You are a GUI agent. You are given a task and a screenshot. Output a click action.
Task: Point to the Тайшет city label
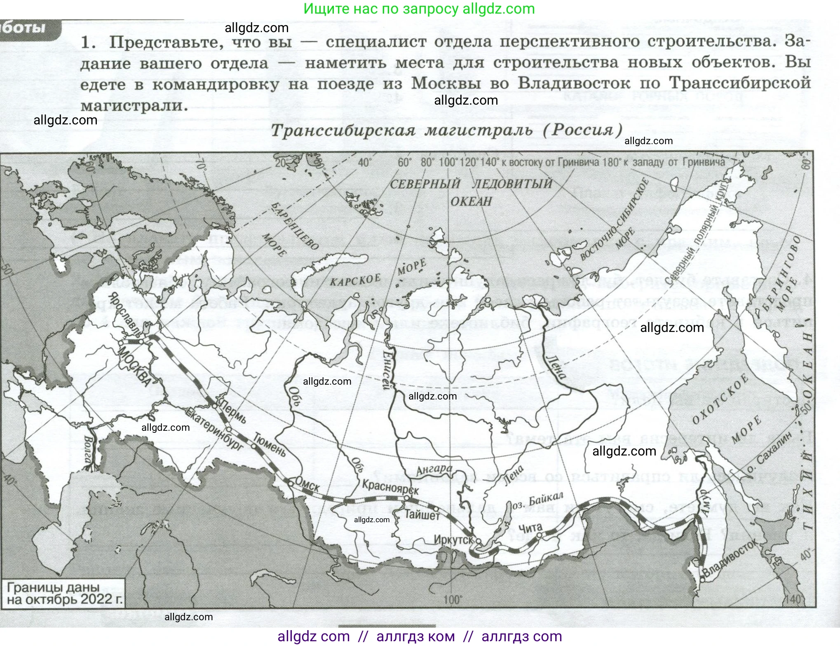(x=422, y=514)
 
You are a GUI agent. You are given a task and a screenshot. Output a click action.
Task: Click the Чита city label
(x=530, y=528)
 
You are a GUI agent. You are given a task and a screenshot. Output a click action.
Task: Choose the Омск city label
(x=307, y=485)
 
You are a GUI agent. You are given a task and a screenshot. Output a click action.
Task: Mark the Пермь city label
(x=233, y=411)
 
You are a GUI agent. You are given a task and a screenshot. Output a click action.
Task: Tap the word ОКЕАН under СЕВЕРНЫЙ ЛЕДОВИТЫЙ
(x=471, y=201)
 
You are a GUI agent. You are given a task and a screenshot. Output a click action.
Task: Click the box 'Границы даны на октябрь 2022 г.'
(x=64, y=593)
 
